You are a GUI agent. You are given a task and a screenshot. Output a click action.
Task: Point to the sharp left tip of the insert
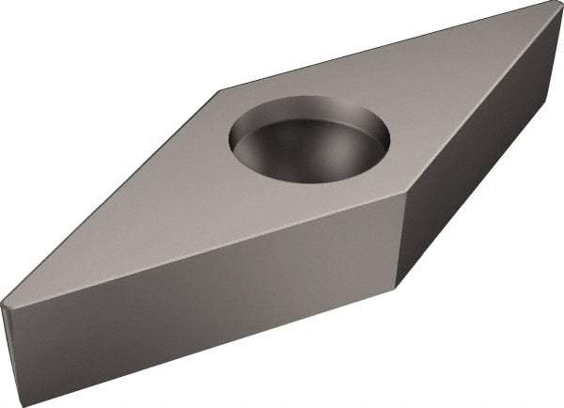pyautogui.click(x=3, y=305)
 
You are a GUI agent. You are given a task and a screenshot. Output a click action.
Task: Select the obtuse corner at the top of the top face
pyautogui.click(x=220, y=90)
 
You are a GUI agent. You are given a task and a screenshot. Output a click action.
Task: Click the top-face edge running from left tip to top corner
pyautogui.click(x=113, y=196)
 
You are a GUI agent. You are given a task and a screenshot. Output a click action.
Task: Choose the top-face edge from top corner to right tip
pyautogui.click(x=385, y=47)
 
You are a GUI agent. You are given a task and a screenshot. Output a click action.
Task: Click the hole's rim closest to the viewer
pyautogui.click(x=310, y=180)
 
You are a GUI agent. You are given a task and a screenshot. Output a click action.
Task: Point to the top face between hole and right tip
pyautogui.click(x=451, y=94)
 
